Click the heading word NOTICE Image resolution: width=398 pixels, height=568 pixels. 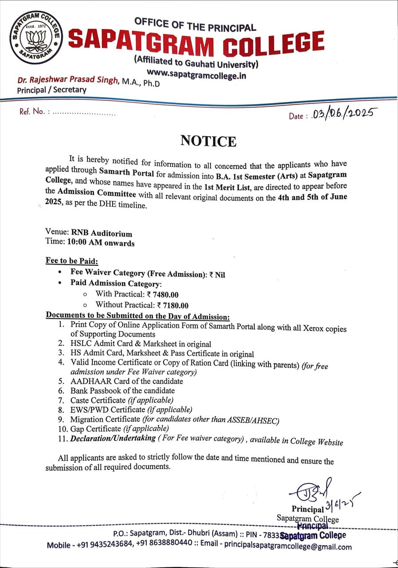coord(208,141)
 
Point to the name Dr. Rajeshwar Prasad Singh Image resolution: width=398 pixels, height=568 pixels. coord(68,80)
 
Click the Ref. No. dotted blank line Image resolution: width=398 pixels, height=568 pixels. coord(84,113)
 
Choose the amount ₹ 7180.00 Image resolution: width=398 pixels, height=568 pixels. coord(173,305)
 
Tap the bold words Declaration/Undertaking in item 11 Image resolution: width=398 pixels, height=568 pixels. coord(111,439)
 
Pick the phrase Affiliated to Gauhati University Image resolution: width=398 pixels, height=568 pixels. coord(196,62)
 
